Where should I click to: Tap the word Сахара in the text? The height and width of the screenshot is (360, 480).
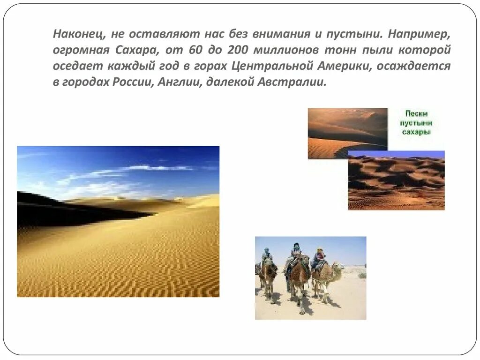click(x=142, y=50)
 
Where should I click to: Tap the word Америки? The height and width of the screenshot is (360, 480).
click(x=338, y=66)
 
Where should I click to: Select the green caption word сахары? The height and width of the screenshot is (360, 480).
click(x=416, y=132)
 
